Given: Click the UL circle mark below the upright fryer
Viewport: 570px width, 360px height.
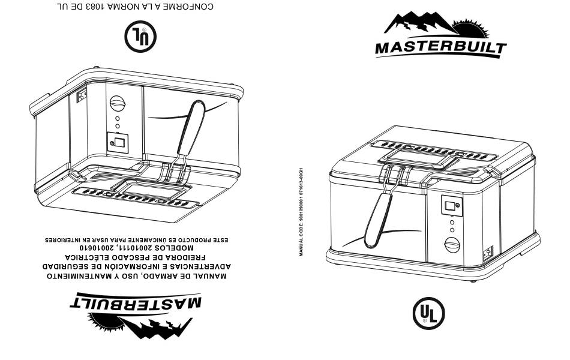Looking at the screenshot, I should [428, 313].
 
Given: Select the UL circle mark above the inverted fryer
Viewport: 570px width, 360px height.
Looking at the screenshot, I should [140, 36].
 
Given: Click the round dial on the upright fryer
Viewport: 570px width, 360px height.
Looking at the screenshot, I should [451, 245].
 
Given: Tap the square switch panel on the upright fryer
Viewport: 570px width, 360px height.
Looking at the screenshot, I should [451, 206].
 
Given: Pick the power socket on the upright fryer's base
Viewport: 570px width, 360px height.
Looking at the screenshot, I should [489, 253].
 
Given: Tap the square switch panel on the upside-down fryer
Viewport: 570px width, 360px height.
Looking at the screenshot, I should [117, 143].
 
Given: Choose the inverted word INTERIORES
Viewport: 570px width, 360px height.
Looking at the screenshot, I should [63, 239].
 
